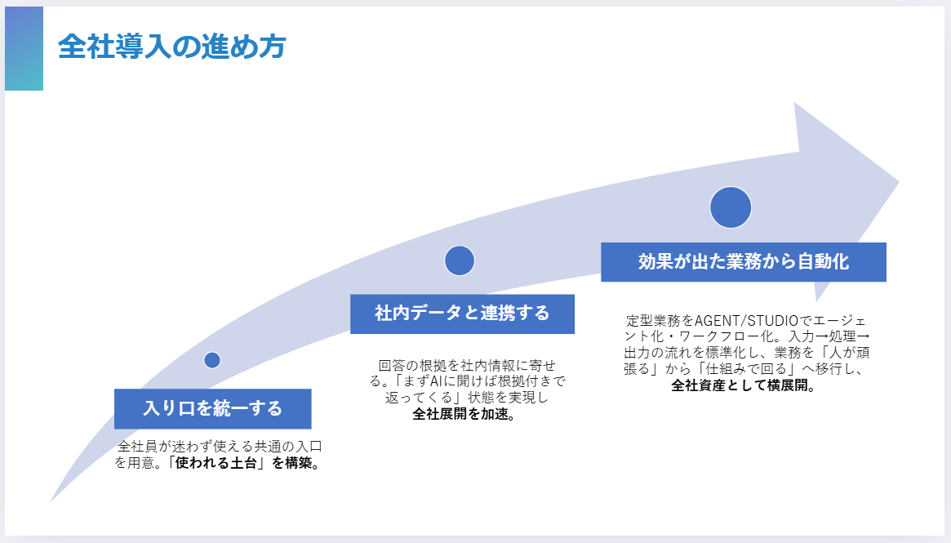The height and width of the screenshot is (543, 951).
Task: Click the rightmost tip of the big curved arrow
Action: point(899,180)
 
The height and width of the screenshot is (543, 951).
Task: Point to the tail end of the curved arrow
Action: point(51,501)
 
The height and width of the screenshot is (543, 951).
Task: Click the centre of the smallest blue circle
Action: point(212,360)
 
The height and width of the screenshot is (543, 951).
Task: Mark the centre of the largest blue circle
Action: point(731,207)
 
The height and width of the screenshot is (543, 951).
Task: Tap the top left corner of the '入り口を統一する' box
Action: point(114,389)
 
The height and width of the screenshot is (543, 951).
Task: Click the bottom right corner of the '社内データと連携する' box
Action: point(575,333)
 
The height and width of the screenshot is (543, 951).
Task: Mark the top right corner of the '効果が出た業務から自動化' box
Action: point(887,243)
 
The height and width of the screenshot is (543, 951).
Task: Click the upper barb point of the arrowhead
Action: point(794,102)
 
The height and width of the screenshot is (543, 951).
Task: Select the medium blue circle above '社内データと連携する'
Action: point(460,260)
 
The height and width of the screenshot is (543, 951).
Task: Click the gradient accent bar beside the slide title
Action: point(24,48)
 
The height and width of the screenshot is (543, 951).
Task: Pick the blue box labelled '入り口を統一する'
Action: point(213,409)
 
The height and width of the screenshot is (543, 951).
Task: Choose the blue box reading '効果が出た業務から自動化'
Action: point(744,262)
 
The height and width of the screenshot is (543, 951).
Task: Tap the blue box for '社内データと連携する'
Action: point(462,314)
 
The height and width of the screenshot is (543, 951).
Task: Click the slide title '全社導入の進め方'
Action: point(172,47)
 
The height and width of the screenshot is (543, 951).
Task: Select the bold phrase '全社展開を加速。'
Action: point(464,414)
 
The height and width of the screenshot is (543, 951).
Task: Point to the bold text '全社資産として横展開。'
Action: point(744,385)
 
